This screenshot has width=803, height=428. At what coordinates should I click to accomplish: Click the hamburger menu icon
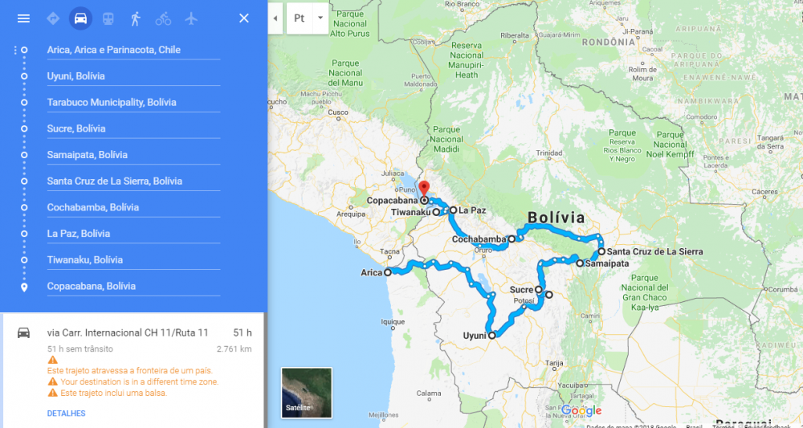pos(23,18)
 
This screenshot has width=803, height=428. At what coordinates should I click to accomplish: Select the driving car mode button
pos(79,18)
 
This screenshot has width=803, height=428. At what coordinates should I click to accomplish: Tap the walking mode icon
pos(135,18)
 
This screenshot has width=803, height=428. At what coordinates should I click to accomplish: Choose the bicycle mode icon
pos(163,18)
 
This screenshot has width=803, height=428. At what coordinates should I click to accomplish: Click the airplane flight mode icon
pos(191,18)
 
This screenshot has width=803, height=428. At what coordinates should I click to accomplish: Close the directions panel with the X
pos(244,18)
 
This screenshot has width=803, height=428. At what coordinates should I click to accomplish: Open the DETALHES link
pos(66,414)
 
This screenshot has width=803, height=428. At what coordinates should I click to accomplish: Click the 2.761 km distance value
pos(234,349)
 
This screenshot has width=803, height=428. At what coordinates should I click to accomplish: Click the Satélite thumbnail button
pos(307,393)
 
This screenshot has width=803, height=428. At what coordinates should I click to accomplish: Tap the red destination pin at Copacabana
pos(425,190)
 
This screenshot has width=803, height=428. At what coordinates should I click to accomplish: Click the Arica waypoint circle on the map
pos(388,272)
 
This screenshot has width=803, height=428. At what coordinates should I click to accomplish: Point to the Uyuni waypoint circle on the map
pos(492,336)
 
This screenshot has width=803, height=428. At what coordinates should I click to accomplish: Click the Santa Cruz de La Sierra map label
pos(655,251)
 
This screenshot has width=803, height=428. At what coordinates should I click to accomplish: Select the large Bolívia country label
pos(556,218)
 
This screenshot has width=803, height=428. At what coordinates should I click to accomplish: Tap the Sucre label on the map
pos(521,290)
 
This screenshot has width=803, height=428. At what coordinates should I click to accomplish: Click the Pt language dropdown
pos(308,18)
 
